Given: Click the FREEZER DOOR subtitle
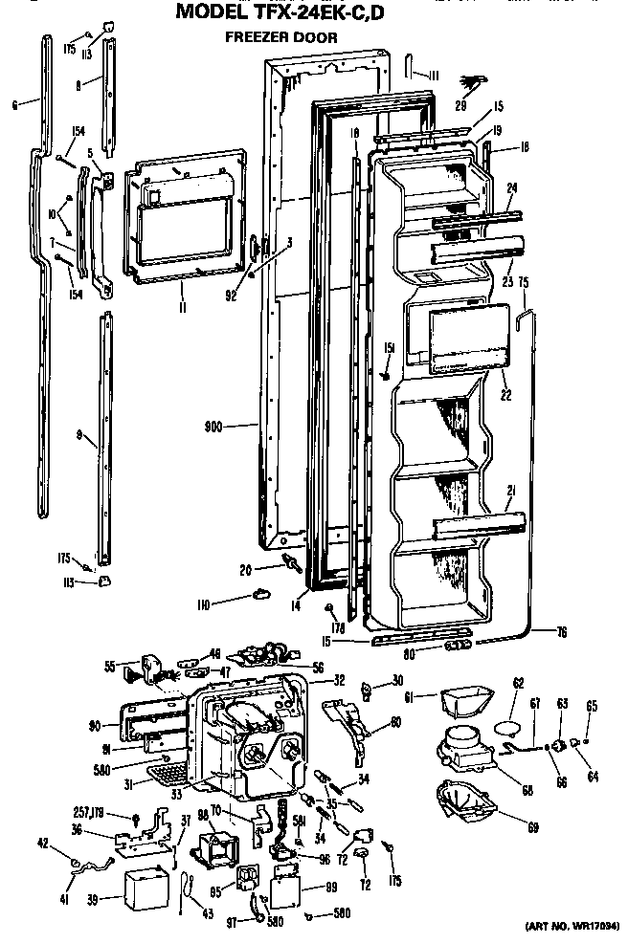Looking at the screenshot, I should tap(280, 38).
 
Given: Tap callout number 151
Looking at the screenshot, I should tap(389, 347).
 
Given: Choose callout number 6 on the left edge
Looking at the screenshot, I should tap(15, 105).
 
